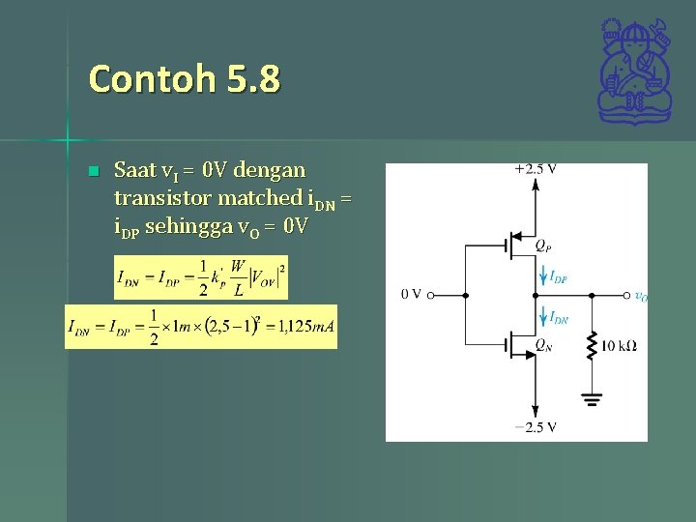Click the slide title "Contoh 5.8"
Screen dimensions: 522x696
[x=184, y=78]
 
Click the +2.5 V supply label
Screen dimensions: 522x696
[x=536, y=169]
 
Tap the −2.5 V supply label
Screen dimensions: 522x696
[x=535, y=427]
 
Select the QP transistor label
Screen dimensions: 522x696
[x=545, y=246]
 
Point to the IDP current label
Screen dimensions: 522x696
[x=558, y=277]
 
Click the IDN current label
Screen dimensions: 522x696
[x=559, y=318]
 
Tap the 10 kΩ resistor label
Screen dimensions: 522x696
[x=619, y=345]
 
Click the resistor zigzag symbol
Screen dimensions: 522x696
[x=592, y=343]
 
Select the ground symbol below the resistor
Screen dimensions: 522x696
[x=592, y=398]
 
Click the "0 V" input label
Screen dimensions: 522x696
[x=411, y=295]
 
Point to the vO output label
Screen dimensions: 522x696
[x=641, y=297]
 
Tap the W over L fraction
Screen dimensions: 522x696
[x=238, y=277]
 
